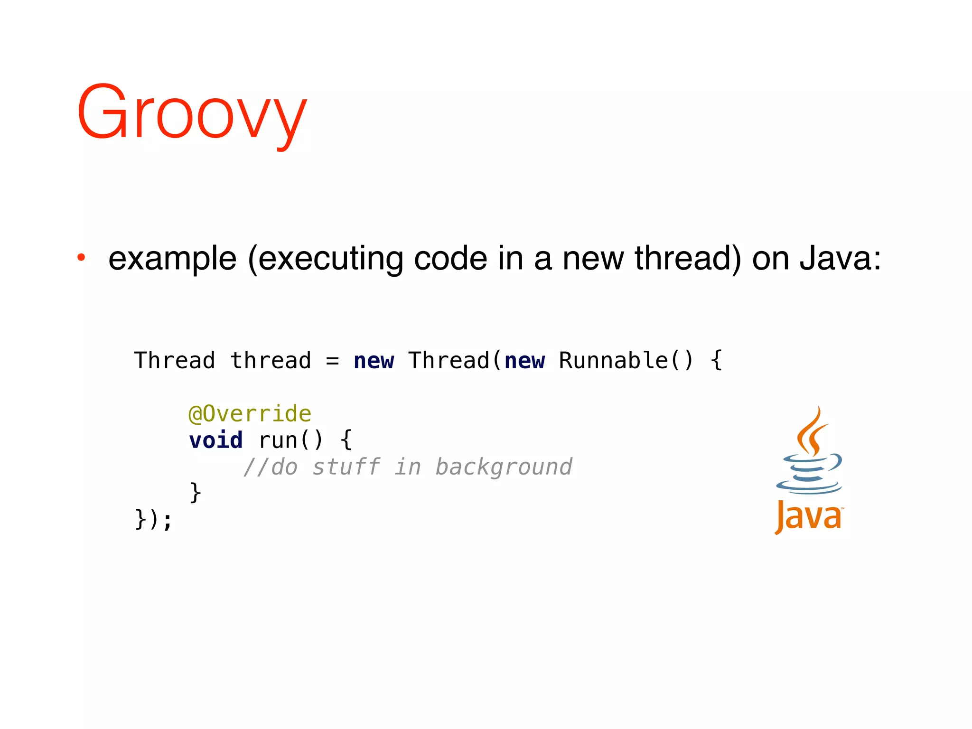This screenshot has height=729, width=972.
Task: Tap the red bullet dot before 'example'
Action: (82, 258)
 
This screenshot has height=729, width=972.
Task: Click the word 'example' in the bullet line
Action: (172, 259)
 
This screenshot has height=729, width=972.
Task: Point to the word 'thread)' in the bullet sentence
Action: (688, 259)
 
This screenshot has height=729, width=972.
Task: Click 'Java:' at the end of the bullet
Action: (840, 259)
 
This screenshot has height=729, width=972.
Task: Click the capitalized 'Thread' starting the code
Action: (174, 360)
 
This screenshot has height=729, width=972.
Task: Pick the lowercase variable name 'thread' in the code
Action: (271, 360)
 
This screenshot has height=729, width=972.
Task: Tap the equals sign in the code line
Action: (332, 361)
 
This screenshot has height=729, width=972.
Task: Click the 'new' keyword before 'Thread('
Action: (374, 361)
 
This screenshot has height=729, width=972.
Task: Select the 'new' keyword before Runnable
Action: (524, 361)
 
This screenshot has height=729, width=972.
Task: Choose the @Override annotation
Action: (250, 414)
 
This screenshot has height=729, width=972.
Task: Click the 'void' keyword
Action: (216, 440)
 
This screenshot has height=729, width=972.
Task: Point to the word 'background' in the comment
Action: (504, 467)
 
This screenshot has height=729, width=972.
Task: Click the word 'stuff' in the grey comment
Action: (346, 467)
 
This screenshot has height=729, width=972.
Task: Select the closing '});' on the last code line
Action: (153, 519)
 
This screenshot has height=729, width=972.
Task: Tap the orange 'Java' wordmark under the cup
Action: (809, 517)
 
